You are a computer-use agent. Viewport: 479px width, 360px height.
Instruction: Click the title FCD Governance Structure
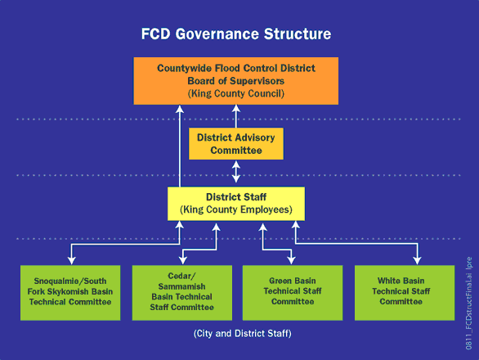pyautogui.click(x=236, y=34)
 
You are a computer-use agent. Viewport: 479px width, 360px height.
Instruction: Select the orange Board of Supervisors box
pyautogui.click(x=236, y=81)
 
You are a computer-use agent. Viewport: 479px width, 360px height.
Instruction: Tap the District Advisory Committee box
pyautogui.click(x=236, y=144)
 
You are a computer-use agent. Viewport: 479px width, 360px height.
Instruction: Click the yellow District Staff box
pyautogui.click(x=236, y=204)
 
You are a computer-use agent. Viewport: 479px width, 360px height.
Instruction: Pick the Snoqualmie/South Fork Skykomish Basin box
pyautogui.click(x=70, y=293)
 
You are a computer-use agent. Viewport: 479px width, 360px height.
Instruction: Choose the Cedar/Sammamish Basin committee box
pyautogui.click(x=182, y=293)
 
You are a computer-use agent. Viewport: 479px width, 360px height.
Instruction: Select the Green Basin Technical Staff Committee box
pyautogui.click(x=293, y=293)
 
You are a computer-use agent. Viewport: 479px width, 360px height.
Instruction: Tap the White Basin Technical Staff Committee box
pyautogui.click(x=405, y=293)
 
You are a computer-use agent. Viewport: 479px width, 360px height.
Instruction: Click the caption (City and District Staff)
pyautogui.click(x=243, y=333)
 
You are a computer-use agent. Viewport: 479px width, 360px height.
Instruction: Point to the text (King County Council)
pyautogui.click(x=236, y=93)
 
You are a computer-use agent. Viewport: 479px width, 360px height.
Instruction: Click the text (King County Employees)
pyautogui.click(x=236, y=209)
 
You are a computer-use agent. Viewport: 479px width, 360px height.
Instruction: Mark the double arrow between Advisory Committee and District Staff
pyautogui.click(x=236, y=172)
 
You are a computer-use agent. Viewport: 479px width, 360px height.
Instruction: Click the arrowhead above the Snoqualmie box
pyautogui.click(x=71, y=261)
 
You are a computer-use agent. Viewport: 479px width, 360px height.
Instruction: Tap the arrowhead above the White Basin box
pyautogui.click(x=418, y=261)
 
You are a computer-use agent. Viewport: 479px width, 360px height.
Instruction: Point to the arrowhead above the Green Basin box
pyautogui.click(x=292, y=261)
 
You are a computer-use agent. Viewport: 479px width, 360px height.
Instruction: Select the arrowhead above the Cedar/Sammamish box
pyautogui.click(x=182, y=261)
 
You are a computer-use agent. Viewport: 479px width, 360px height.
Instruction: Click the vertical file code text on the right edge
pyautogui.click(x=469, y=304)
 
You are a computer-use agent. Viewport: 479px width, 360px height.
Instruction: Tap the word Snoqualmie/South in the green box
pyautogui.click(x=70, y=281)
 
